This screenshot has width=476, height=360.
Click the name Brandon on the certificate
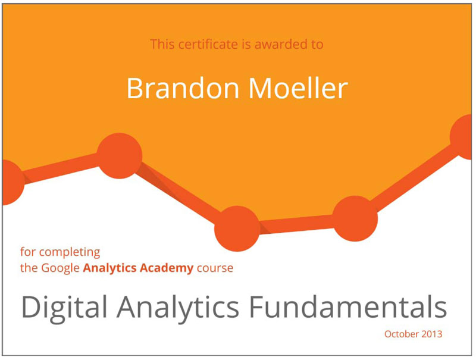[x=183, y=88]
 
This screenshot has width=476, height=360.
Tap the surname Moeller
[x=298, y=88]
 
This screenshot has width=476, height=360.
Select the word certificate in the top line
[x=208, y=44]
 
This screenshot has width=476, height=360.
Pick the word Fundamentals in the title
[x=348, y=306]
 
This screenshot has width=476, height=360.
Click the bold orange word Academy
[x=167, y=268]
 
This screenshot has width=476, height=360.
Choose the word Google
[x=61, y=268]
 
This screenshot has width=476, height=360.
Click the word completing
[x=70, y=252]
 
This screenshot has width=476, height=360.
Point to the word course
[x=215, y=268]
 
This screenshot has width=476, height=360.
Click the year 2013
[x=432, y=334]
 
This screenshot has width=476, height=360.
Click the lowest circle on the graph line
[x=237, y=228]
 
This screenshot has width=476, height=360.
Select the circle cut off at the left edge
[x=12, y=182]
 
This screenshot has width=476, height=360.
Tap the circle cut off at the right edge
[x=462, y=137]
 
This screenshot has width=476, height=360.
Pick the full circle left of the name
[x=120, y=156]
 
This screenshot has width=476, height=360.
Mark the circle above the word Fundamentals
[x=355, y=218]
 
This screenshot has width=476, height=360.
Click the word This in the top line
[x=162, y=44]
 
